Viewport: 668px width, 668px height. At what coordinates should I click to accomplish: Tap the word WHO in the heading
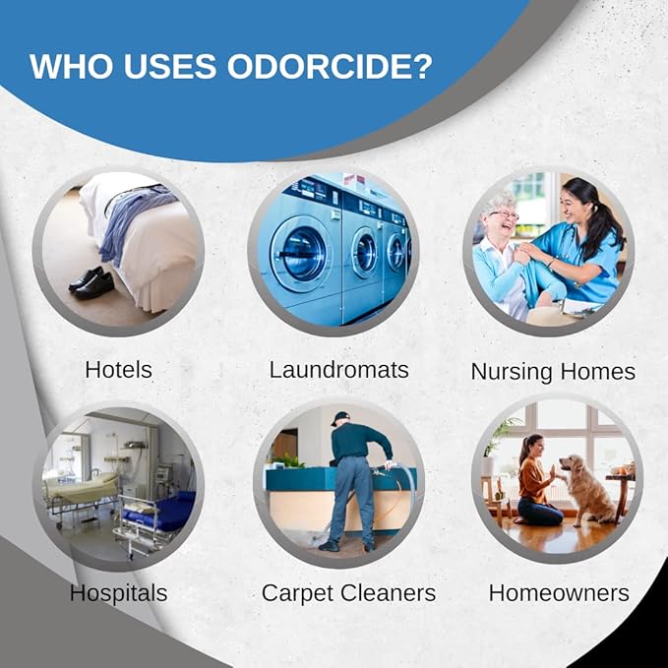pos(64,66)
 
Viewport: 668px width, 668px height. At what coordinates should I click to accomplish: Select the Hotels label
pos(118,370)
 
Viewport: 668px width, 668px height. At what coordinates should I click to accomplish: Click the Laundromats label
pos(339,370)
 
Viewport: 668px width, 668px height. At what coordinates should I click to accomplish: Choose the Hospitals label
pos(118,593)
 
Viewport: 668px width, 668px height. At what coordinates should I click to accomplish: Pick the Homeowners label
pos(559,593)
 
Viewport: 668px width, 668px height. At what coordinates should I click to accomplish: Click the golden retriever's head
pos(569,465)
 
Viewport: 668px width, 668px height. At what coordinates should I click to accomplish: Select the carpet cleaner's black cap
pos(340,418)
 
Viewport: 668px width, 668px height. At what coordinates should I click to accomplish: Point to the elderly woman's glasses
pos(506,215)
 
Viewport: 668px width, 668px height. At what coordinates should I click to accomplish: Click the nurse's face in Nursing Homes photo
pos(572,208)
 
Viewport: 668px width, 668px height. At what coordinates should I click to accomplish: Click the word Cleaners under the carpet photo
pos(387,593)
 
